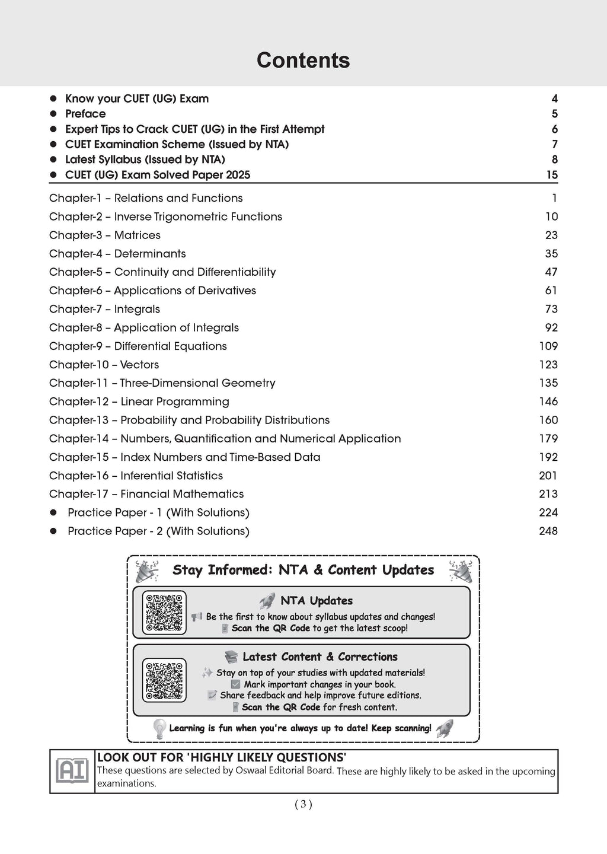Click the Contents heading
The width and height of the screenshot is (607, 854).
(303, 60)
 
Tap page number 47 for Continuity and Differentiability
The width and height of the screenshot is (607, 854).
(551, 272)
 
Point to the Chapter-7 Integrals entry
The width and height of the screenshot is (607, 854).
(104, 309)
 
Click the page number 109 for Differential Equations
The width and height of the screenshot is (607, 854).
(548, 346)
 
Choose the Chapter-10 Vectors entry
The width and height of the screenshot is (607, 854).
(104, 365)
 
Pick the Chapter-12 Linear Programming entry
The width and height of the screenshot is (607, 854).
(139, 401)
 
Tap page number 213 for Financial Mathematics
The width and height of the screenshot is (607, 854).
(548, 494)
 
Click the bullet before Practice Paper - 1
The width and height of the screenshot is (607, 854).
(53, 512)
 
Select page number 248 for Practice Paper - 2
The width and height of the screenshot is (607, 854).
(548, 531)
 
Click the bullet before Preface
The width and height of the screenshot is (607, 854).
(53, 114)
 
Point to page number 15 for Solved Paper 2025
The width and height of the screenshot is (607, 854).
(552, 175)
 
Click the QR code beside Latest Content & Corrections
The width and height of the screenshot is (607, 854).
(164, 680)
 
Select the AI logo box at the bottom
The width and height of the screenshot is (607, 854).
(72, 771)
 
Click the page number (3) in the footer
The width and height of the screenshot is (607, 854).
(303, 805)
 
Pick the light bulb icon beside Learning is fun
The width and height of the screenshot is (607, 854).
(159, 728)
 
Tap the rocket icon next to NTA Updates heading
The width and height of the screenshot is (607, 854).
(268, 601)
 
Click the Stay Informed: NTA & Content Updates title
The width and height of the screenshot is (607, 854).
(303, 571)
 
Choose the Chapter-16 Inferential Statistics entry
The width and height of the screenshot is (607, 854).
(136, 476)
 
